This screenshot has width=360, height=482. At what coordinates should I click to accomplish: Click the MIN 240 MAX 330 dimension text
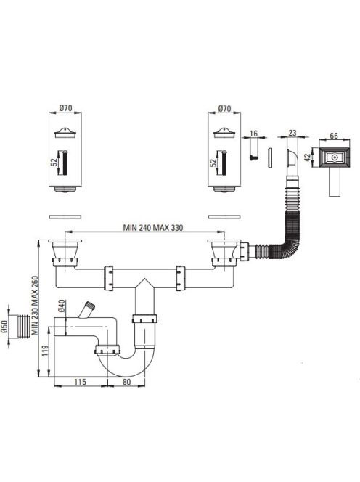tap(153, 228)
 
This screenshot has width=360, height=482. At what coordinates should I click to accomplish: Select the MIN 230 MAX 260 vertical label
tap(36, 306)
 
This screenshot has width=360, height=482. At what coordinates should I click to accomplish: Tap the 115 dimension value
tap(80, 382)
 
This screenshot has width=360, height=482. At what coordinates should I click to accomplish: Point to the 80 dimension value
tap(126, 382)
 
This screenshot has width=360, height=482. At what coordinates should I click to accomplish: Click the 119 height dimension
tap(45, 351)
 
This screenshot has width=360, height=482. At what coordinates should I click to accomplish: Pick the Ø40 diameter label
tap(61, 306)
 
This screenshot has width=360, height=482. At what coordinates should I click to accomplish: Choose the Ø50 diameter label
tap(4, 327)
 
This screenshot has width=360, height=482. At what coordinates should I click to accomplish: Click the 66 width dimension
tap(334, 136)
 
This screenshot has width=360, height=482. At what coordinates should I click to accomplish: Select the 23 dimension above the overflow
tap(292, 133)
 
